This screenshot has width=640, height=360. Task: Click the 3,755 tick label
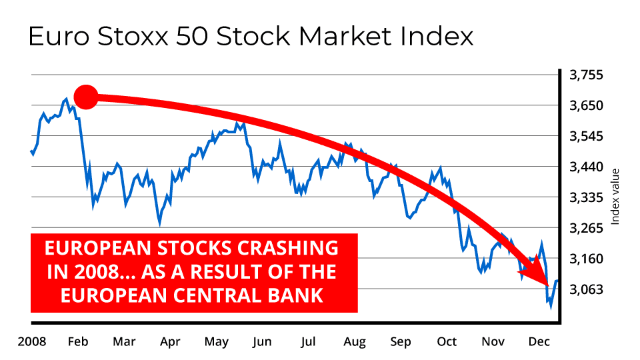[586, 75]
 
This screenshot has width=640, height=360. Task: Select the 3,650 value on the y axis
[586, 106]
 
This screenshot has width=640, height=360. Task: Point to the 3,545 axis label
[586, 136]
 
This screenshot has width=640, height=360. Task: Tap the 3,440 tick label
[586, 167]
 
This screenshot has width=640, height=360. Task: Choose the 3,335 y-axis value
[586, 197]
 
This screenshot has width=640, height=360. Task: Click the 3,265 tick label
[586, 228]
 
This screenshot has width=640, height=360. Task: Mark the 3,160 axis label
[586, 259]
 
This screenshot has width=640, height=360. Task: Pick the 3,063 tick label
[586, 289]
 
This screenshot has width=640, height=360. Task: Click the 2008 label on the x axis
[32, 341]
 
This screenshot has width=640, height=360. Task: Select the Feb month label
[78, 341]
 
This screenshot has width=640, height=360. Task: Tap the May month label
[216, 341]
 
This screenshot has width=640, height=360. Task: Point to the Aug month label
[354, 341]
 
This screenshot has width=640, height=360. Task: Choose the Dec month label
[539, 341]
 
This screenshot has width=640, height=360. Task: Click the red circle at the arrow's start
[86, 97]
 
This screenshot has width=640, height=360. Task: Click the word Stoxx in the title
[133, 36]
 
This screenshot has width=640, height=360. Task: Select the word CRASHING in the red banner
[288, 248]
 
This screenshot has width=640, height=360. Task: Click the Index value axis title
[615, 196]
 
